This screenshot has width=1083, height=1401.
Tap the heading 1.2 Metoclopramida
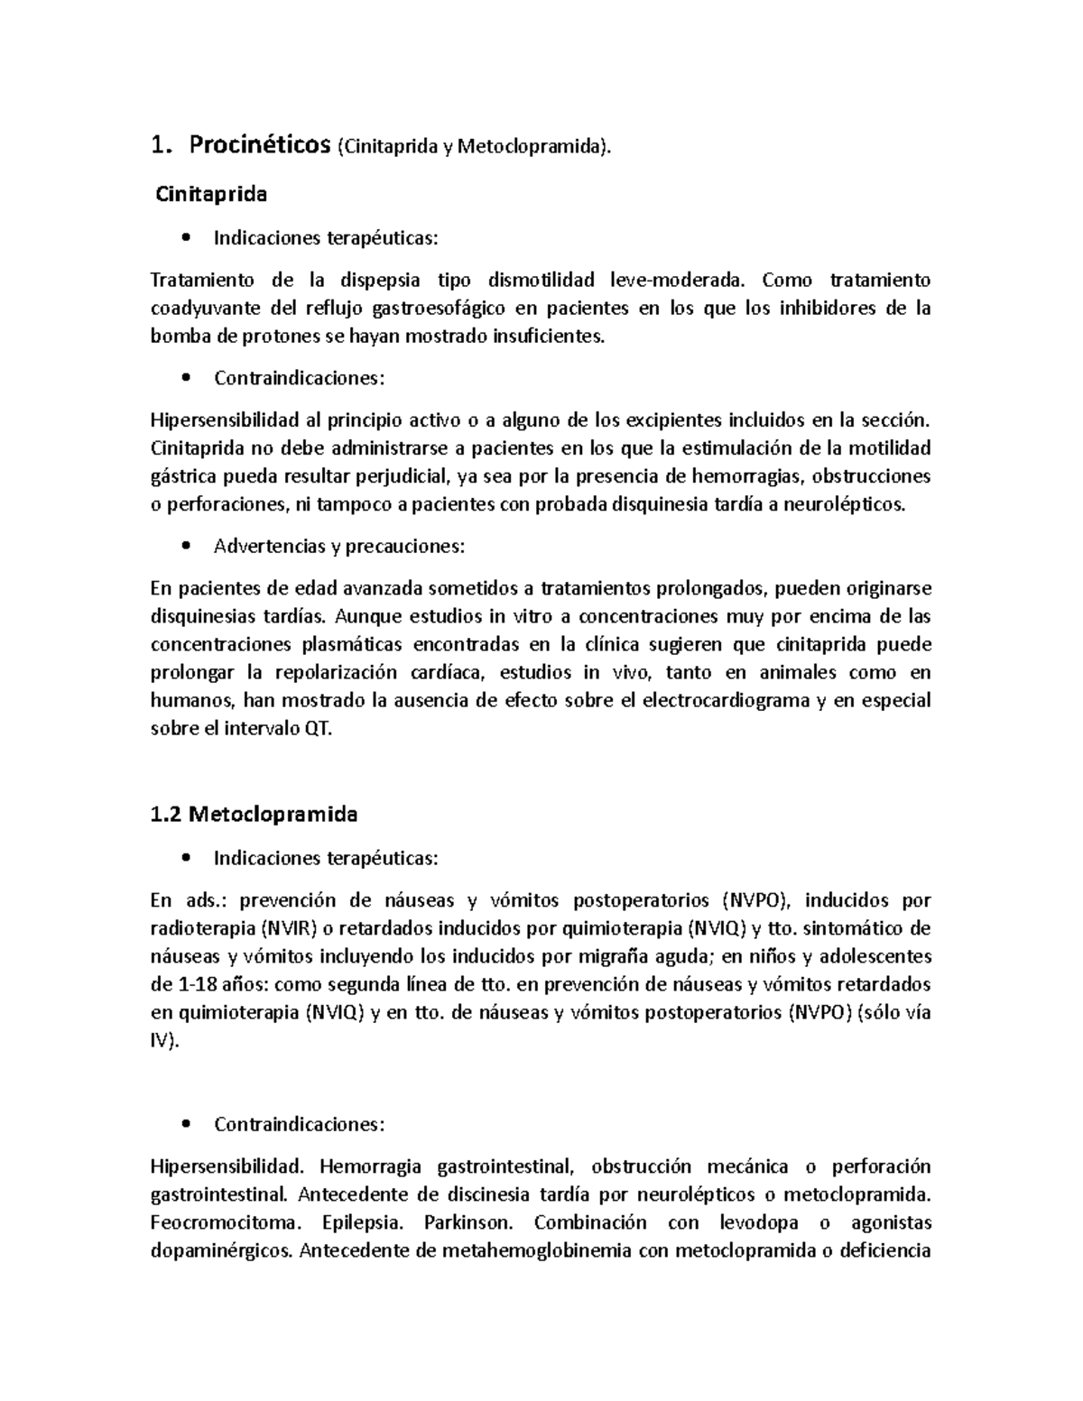(x=254, y=814)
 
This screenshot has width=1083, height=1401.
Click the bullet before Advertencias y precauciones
(x=186, y=546)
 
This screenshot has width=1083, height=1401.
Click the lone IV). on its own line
(x=165, y=1040)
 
